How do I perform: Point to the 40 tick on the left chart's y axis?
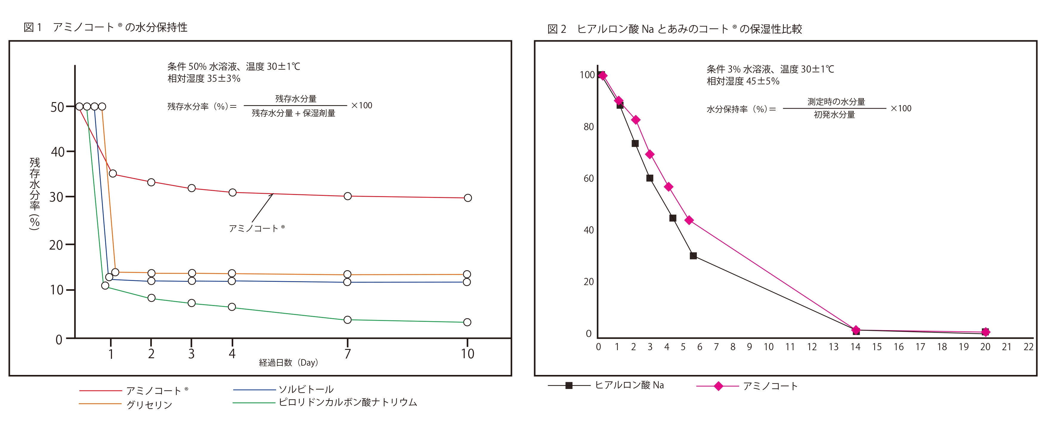58,152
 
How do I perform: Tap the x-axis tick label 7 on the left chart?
348,353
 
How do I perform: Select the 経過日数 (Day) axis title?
289,362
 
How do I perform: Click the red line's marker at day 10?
468,198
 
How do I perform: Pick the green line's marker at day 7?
348,320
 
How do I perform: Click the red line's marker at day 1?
113,173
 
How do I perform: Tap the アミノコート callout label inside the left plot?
257,228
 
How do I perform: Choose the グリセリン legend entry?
149,405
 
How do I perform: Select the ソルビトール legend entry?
306,389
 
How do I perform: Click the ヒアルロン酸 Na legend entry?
629,385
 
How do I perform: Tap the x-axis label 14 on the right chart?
855,347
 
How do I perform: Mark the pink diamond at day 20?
985,332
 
